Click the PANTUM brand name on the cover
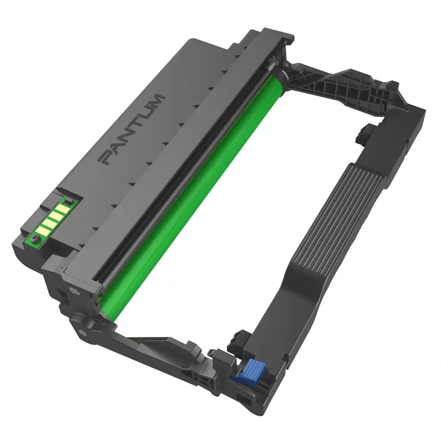[x=132, y=129]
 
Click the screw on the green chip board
[x=34, y=239]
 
